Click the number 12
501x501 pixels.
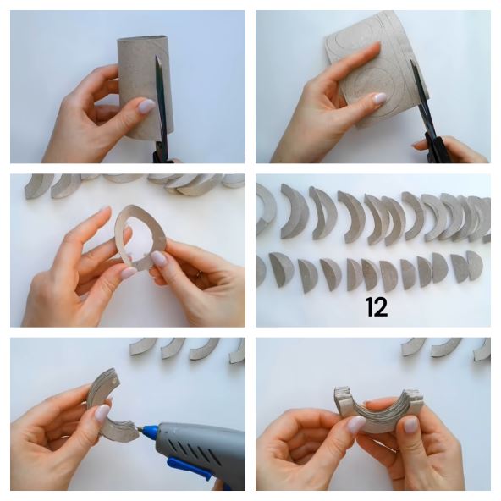376,307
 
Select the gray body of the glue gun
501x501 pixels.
201,450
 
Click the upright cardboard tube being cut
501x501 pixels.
146,88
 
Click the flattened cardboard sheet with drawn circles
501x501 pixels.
377,69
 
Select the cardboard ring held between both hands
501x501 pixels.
140,236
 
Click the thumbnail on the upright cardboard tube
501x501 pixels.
147,106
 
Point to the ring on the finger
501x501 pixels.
199,274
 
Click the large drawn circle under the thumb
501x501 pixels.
374,91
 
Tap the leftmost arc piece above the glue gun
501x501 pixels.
142,348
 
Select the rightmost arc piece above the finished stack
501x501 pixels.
482,350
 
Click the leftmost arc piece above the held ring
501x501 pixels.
35,188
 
